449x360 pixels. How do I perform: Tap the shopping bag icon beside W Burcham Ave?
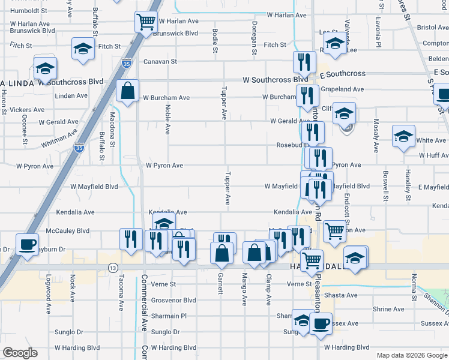(128, 91)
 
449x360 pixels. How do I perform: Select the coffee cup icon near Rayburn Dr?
(27, 244)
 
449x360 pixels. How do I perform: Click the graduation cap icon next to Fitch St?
(83, 49)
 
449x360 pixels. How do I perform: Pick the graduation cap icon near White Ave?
(403, 136)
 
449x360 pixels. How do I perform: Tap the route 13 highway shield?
(112, 267)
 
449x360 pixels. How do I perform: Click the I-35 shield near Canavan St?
(126, 62)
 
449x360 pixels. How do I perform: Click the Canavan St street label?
(160, 61)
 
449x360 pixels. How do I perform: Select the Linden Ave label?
(71, 95)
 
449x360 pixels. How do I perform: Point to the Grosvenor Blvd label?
(173, 300)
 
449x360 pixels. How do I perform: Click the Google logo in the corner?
(20, 353)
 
